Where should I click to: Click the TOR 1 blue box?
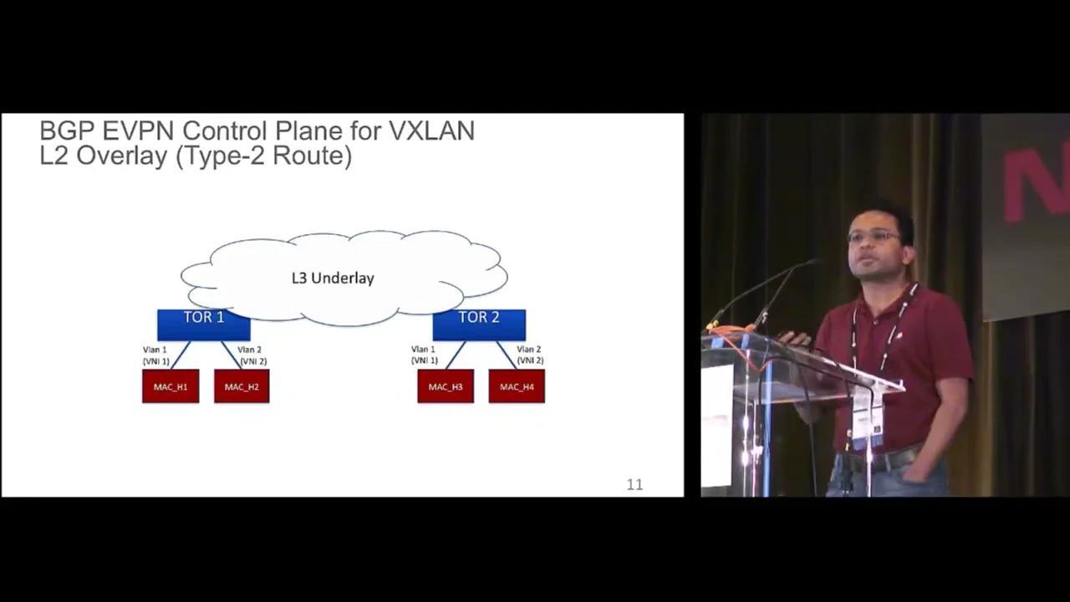click(203, 324)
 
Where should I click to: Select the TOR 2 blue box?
click(479, 324)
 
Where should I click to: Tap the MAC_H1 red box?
click(171, 386)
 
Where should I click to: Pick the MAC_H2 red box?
click(242, 386)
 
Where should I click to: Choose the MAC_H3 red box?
click(446, 386)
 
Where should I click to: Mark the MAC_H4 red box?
click(517, 386)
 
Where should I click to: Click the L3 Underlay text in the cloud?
click(333, 278)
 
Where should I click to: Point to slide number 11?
click(634, 484)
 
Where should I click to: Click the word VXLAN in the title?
click(431, 130)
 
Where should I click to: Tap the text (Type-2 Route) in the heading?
click(263, 156)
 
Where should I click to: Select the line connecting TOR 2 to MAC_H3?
click(456, 355)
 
